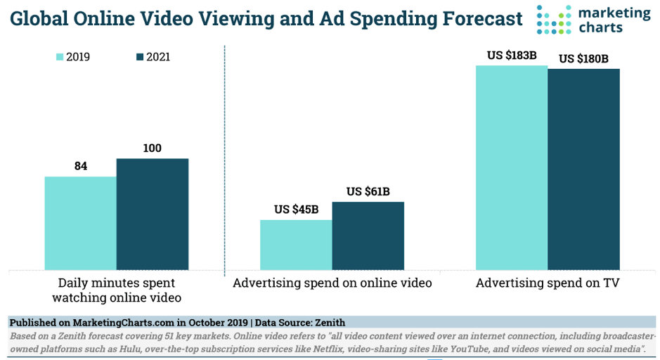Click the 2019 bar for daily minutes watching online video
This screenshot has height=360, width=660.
coord(80,223)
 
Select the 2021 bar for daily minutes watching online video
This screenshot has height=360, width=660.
coord(153,214)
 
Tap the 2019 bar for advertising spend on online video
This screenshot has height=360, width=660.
coord(296,245)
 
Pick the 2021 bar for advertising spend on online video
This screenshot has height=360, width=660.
coord(368,236)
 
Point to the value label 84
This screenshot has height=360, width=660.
coord(81,166)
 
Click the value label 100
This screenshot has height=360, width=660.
coord(153,148)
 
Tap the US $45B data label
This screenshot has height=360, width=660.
coord(296,210)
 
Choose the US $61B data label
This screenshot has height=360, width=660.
coord(368,191)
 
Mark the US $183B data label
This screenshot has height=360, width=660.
coord(512,55)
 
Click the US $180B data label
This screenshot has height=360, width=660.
coord(583,58)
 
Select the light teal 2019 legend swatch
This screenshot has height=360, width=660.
coord(60,57)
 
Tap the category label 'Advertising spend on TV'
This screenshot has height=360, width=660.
coord(548,283)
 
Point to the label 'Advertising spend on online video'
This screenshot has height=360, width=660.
coord(332,283)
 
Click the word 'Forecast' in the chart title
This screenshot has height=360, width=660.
coord(466,19)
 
